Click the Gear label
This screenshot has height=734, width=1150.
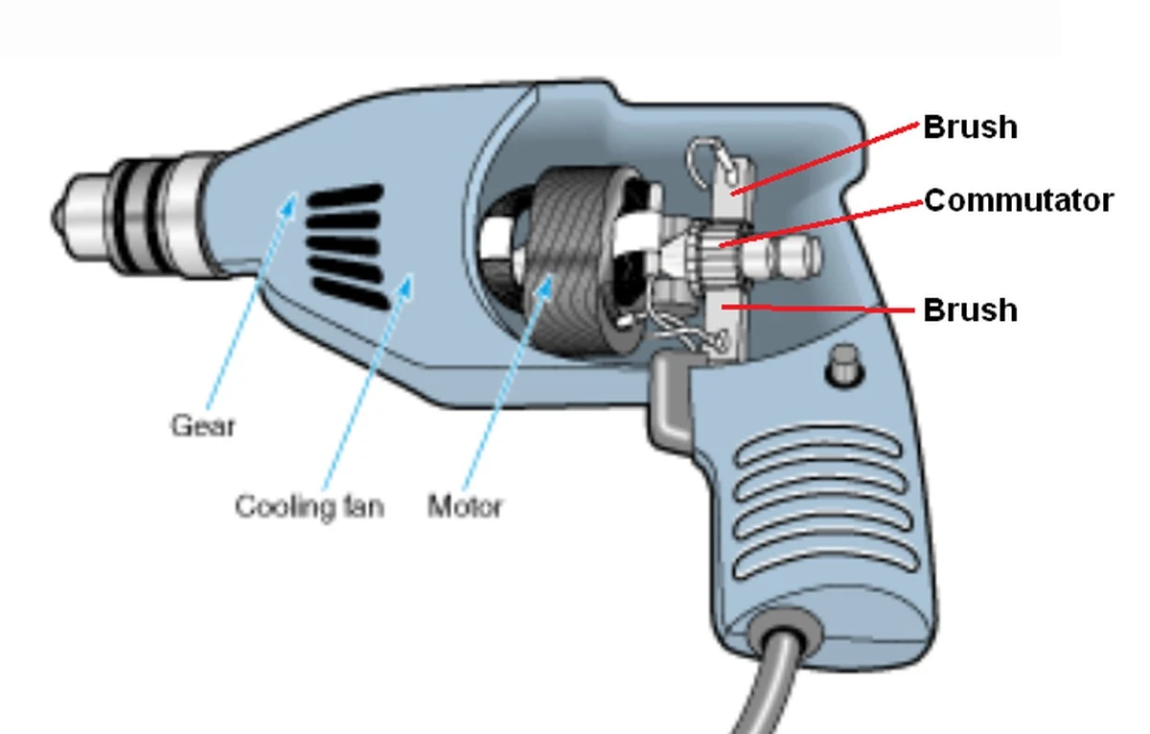click(x=202, y=425)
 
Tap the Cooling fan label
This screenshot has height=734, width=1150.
click(x=310, y=507)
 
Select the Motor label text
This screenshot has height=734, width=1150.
click(x=465, y=506)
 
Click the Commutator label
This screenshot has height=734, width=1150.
click(x=1019, y=200)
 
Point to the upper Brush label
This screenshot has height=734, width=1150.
click(x=970, y=126)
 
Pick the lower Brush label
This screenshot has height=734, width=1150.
click(x=970, y=310)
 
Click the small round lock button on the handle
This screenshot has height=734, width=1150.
click(x=844, y=365)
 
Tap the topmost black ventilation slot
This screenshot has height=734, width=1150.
click(x=346, y=195)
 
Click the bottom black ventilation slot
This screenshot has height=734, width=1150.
click(x=352, y=294)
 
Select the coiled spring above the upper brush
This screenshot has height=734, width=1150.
click(x=706, y=160)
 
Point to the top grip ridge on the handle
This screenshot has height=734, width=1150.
click(x=817, y=446)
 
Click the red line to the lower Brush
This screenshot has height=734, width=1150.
click(x=817, y=309)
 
